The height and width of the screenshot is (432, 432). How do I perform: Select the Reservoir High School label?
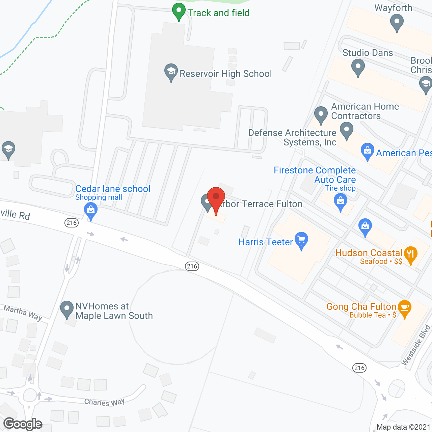[225, 74]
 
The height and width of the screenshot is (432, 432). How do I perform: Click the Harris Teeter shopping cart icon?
[301, 240]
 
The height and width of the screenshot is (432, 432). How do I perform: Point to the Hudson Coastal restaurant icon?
[410, 254]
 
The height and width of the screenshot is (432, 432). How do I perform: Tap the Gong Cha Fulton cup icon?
[405, 308]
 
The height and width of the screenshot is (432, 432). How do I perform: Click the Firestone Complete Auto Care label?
[315, 175]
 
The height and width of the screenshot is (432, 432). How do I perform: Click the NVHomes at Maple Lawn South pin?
[67, 309]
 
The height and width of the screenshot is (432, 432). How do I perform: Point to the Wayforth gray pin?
[397, 23]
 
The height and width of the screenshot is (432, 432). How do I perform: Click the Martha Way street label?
[23, 313]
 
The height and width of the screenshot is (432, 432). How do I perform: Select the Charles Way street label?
[104, 402]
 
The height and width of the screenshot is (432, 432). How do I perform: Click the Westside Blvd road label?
[416, 345]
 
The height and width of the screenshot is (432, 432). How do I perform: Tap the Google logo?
[23, 424]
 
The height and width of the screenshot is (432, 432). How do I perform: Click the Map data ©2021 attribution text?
[403, 427]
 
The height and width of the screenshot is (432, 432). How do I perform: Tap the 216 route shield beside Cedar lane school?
[72, 222]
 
